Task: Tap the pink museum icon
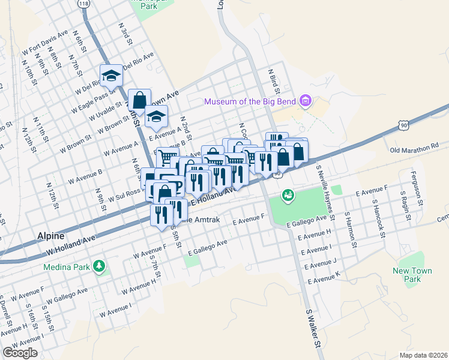[x=306, y=101]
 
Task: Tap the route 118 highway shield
[x=83, y=4]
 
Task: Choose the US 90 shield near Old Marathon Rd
[x=403, y=123]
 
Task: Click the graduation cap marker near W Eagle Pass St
[x=111, y=76]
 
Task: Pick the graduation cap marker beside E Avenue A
[x=156, y=117]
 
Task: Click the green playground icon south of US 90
[x=288, y=195]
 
